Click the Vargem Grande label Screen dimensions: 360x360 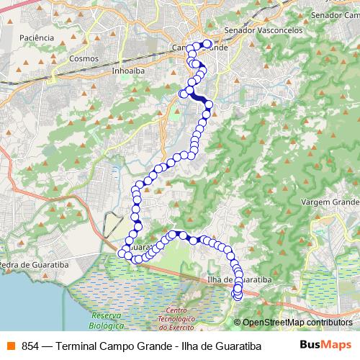pyautogui.click(x=330, y=202)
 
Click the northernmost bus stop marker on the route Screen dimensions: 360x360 pyautogui.click(x=207, y=45)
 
